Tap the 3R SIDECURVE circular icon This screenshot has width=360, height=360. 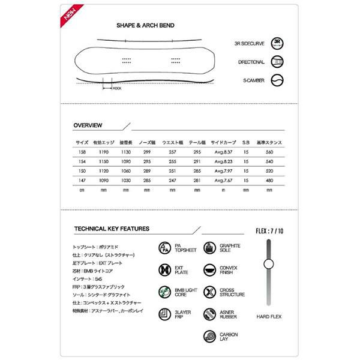277,43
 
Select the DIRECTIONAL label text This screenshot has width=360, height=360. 251,62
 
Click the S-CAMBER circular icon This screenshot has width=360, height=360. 277,80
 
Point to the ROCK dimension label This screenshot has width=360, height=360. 117,88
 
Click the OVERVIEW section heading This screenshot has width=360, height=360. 88,125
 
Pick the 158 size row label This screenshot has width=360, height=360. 82,152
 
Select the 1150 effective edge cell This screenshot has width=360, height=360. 104,161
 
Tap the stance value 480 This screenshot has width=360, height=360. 268,179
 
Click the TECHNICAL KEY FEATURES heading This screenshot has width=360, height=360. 112,229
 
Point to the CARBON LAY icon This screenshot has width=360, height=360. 211,336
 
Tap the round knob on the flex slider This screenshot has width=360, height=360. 268,262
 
